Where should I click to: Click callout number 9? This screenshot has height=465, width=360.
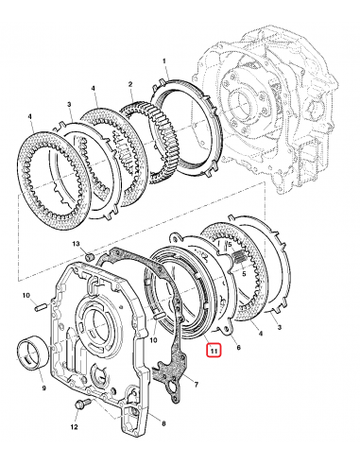pos(42,388)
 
